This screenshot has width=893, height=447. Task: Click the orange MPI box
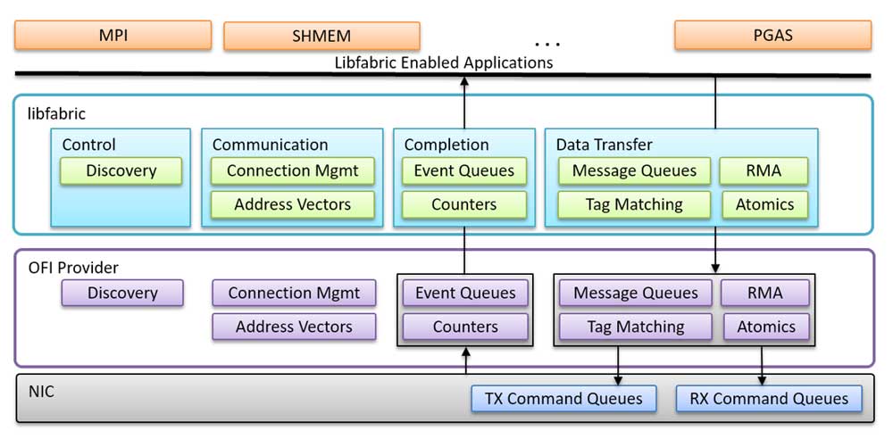pyautogui.click(x=113, y=36)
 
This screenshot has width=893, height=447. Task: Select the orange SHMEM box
pyautogui.click(x=321, y=36)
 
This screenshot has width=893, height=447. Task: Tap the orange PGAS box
pyautogui.click(x=772, y=36)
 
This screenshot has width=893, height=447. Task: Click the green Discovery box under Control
pyautogui.click(x=121, y=170)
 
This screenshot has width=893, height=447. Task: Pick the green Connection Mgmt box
pyautogui.click(x=293, y=170)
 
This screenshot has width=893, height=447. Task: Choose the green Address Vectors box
pyautogui.click(x=293, y=204)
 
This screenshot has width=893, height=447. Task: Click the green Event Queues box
pyautogui.click(x=464, y=170)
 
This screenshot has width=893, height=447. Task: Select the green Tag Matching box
pyautogui.click(x=634, y=204)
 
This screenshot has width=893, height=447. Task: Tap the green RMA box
pyautogui.click(x=764, y=170)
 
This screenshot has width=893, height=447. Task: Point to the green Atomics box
pyautogui.click(x=765, y=204)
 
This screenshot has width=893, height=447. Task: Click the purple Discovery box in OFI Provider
pyautogui.click(x=122, y=293)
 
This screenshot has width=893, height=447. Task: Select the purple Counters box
pyautogui.click(x=465, y=327)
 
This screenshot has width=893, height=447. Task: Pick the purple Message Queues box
pyautogui.click(x=636, y=293)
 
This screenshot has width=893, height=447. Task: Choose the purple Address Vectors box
pyautogui.click(x=294, y=327)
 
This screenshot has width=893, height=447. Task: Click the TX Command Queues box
pyautogui.click(x=563, y=399)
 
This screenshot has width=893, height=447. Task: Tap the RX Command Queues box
pyautogui.click(x=769, y=399)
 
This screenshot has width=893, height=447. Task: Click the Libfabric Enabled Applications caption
pyautogui.click(x=444, y=62)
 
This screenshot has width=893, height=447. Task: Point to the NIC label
pyautogui.click(x=42, y=392)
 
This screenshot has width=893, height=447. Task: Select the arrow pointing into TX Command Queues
pyautogui.click(x=618, y=366)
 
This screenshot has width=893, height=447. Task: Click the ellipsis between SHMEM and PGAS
pyautogui.click(x=548, y=44)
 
